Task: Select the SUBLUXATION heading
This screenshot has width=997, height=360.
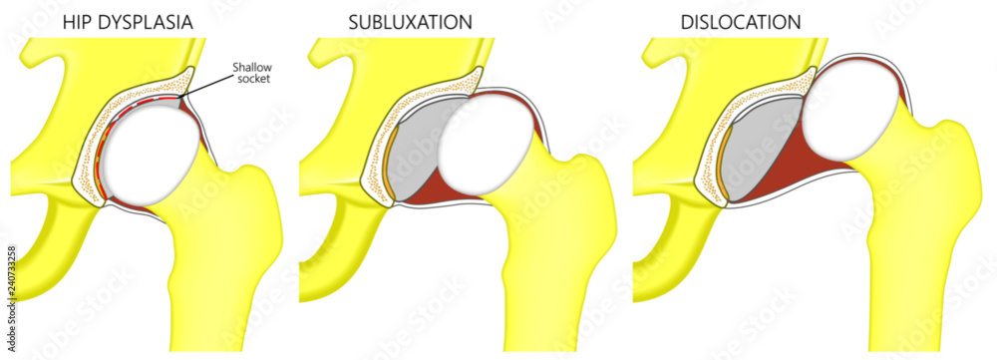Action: [x=411, y=20]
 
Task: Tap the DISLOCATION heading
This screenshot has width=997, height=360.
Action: [x=741, y=20]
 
